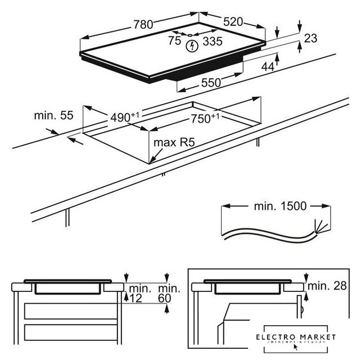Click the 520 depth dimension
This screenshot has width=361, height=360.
point(231,22)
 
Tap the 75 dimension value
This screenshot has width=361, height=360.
point(175,40)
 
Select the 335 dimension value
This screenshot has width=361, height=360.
point(212,40)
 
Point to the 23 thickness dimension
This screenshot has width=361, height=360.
point(310,38)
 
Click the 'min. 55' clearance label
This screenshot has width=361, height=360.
point(53,116)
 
